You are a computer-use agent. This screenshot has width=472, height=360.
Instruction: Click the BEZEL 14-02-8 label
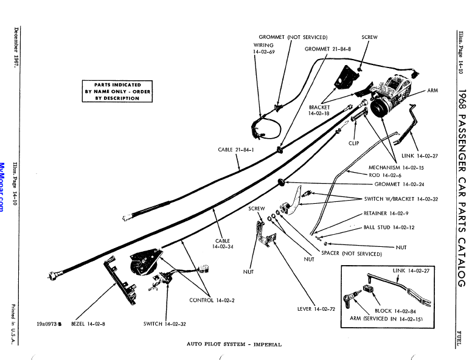pyautogui.click(x=88, y=324)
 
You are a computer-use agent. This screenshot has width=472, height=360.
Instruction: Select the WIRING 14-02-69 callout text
pyautogui.click(x=263, y=49)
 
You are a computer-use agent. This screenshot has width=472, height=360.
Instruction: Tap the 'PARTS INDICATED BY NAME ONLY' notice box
pyautogui.click(x=117, y=91)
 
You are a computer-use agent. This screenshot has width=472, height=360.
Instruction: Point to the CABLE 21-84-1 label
pyautogui.click(x=236, y=150)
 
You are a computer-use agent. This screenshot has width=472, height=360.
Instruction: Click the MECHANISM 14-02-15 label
pyautogui.click(x=396, y=167)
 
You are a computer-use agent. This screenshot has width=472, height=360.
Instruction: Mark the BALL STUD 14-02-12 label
pyautogui.click(x=389, y=227)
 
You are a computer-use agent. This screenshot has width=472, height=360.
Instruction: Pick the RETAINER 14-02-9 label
pyautogui.click(x=386, y=213)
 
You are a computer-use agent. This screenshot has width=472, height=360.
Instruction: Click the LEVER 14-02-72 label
pyautogui.click(x=316, y=309)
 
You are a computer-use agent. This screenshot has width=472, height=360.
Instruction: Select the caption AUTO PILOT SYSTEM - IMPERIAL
pyautogui.click(x=234, y=344)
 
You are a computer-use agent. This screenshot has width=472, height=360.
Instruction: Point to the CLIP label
pyautogui.click(x=353, y=144)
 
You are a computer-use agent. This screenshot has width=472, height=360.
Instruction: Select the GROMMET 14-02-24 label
pyautogui.click(x=399, y=184)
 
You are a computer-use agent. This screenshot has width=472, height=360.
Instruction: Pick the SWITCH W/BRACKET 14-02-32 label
pyautogui.click(x=401, y=199)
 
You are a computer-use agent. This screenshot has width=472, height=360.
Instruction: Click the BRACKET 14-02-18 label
pyautogui.click(x=319, y=111)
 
